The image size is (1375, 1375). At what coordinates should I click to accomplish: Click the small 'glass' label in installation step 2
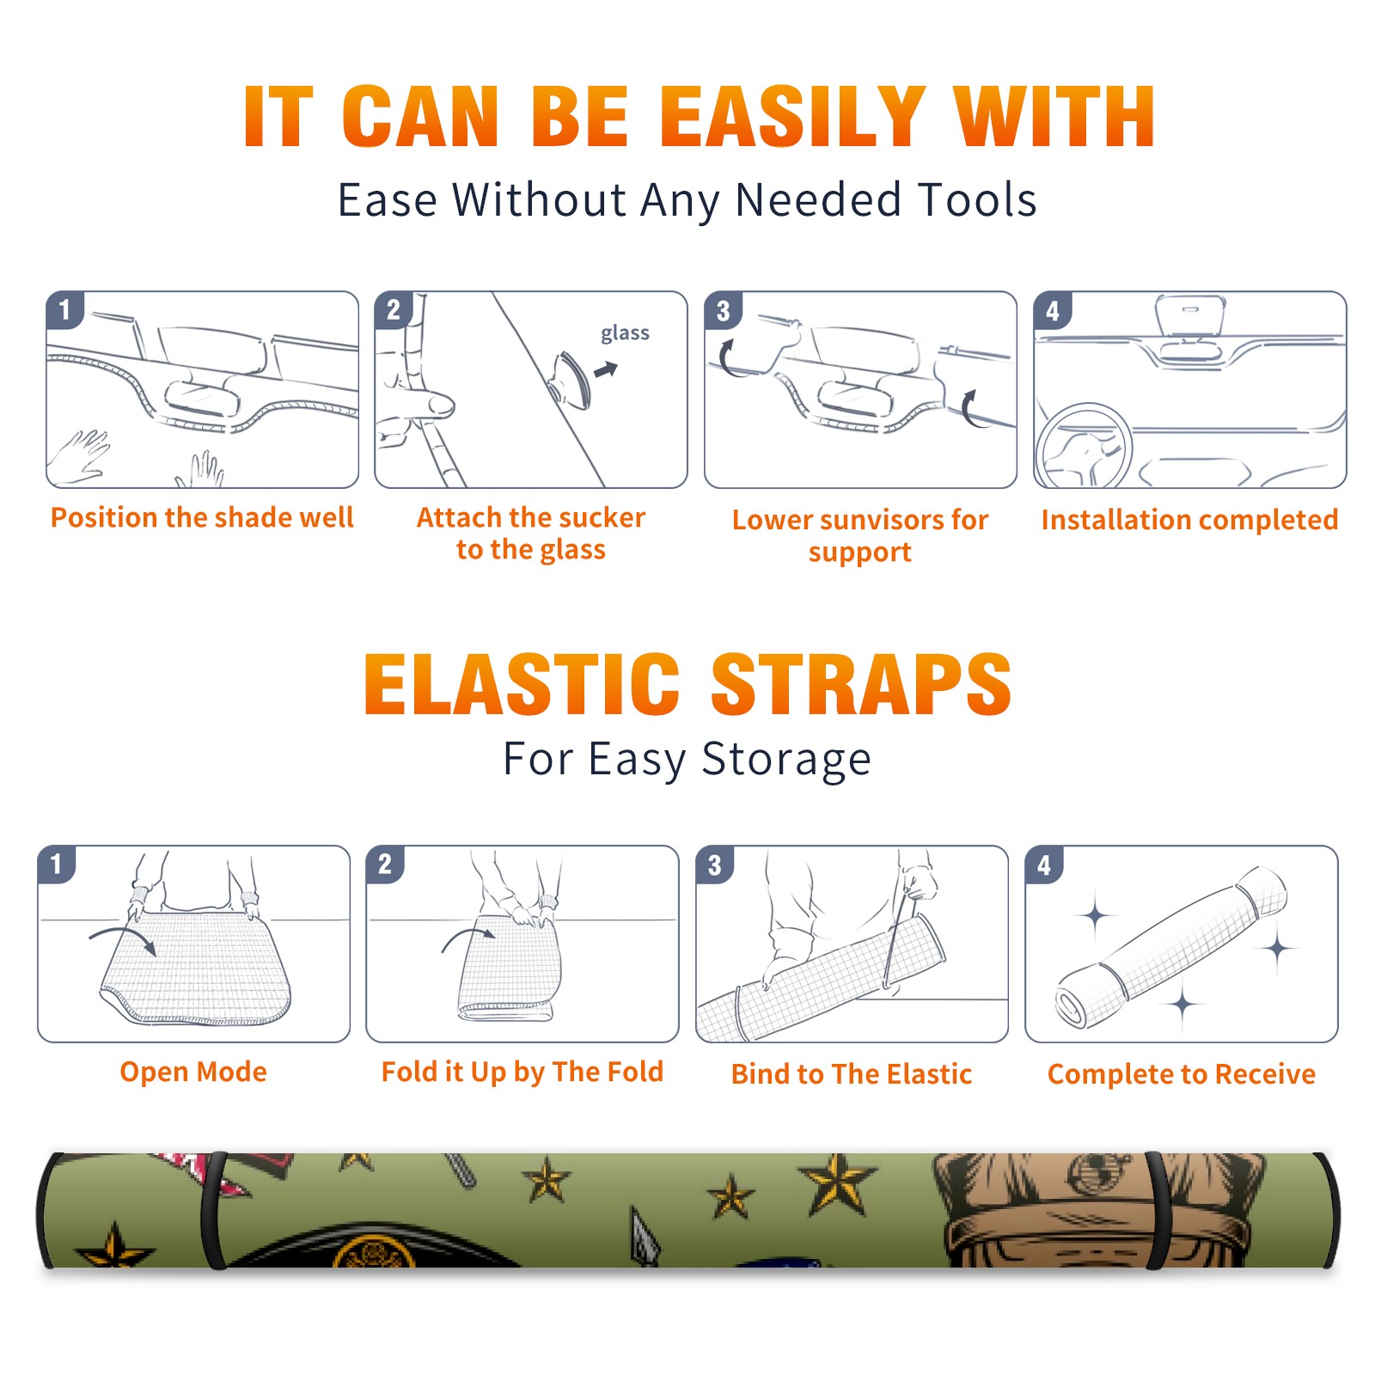point(625,333)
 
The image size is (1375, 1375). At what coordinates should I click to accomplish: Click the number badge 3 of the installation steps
point(723,311)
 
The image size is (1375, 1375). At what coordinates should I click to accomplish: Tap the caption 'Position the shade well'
point(202,517)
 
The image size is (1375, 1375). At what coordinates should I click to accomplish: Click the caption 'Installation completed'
point(1189,520)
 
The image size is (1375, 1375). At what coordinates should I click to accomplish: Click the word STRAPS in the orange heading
point(861,684)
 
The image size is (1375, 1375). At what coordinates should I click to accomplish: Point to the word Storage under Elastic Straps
point(786,761)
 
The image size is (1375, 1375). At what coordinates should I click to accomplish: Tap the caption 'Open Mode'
point(193,1072)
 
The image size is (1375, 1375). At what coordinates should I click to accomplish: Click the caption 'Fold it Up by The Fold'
point(522,1072)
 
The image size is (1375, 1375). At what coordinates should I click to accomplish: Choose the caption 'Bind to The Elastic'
point(852,1074)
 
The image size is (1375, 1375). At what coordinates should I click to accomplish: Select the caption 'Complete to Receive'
point(1182,1074)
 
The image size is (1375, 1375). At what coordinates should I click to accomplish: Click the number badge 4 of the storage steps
point(1044,865)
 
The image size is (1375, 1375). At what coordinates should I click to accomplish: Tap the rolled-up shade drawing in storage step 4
point(1171,946)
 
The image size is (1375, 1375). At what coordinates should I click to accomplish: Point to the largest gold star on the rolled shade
point(836,1183)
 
